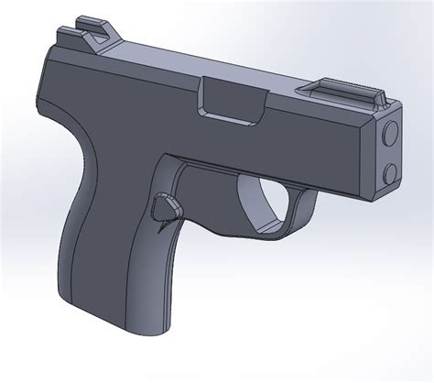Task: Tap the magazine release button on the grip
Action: tap(166, 209)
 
